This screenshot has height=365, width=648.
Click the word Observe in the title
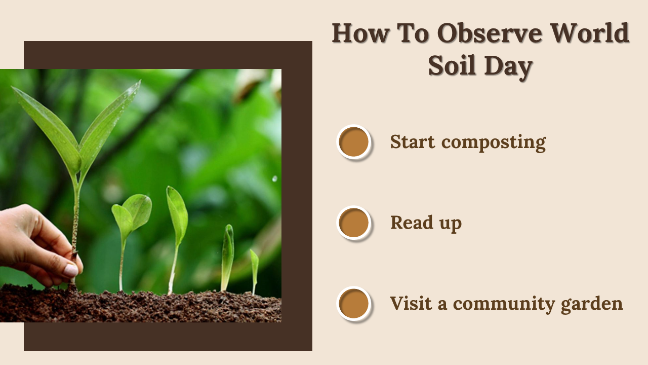pos(490,33)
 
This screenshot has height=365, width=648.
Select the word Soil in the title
pos(452,65)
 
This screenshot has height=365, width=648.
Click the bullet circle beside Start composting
pos(354,142)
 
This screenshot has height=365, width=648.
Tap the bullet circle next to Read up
pos(354,223)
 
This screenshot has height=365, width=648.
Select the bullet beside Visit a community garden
pos(354,304)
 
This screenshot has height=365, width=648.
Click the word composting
pos(494,143)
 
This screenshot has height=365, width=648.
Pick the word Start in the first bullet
pos(413,141)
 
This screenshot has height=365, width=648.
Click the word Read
pos(412,223)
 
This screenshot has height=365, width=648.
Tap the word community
pos(504,304)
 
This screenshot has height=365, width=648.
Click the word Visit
pos(411,303)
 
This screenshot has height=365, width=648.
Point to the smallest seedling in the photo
pos(254,271)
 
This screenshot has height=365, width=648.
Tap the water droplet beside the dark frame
pos(274,179)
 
